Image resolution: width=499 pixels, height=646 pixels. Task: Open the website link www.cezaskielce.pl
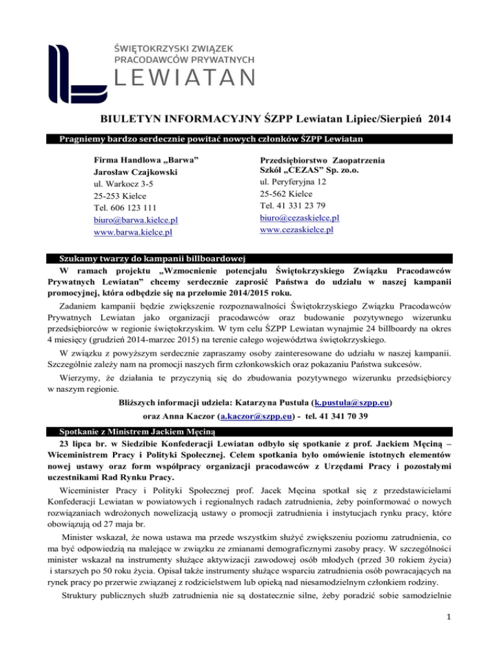pyautogui.click(x=296, y=229)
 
